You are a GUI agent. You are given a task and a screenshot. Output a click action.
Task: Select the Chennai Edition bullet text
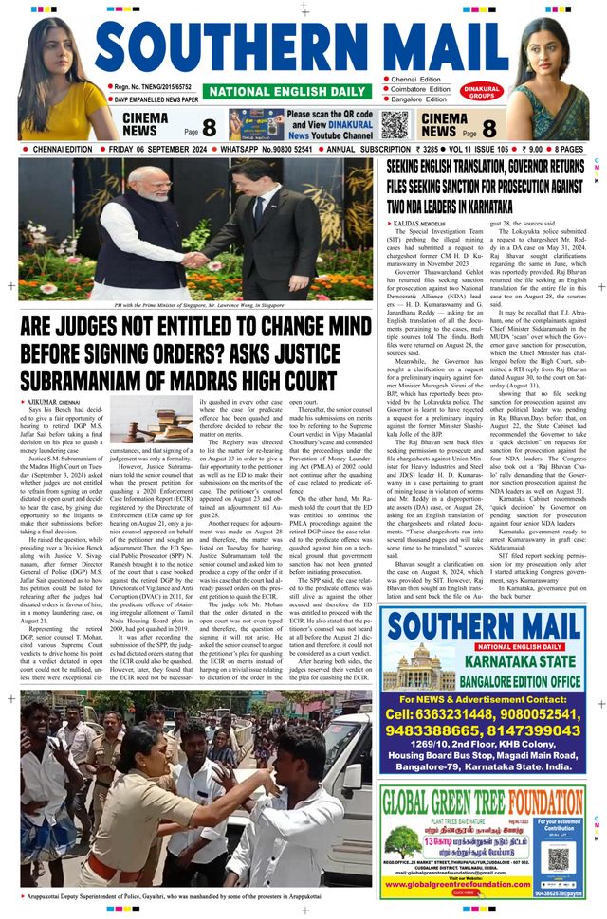[419, 79]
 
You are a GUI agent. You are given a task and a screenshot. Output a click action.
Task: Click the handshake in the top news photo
[198, 259]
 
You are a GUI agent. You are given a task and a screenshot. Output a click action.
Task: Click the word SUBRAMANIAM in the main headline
[86, 382]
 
